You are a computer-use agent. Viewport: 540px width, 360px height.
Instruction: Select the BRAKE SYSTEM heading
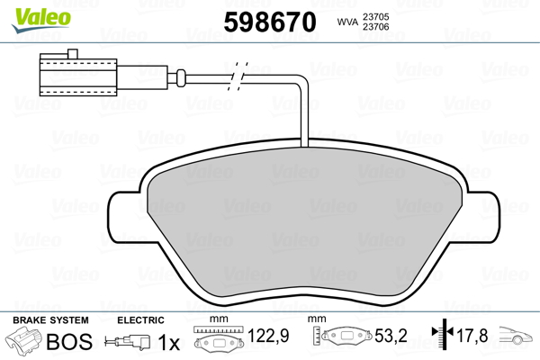coord(50,320)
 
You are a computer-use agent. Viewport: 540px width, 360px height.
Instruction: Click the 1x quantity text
coord(168,343)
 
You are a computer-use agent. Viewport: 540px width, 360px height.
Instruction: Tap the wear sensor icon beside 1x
coord(129,343)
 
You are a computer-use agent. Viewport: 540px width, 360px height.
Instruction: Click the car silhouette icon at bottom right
coord(517,339)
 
